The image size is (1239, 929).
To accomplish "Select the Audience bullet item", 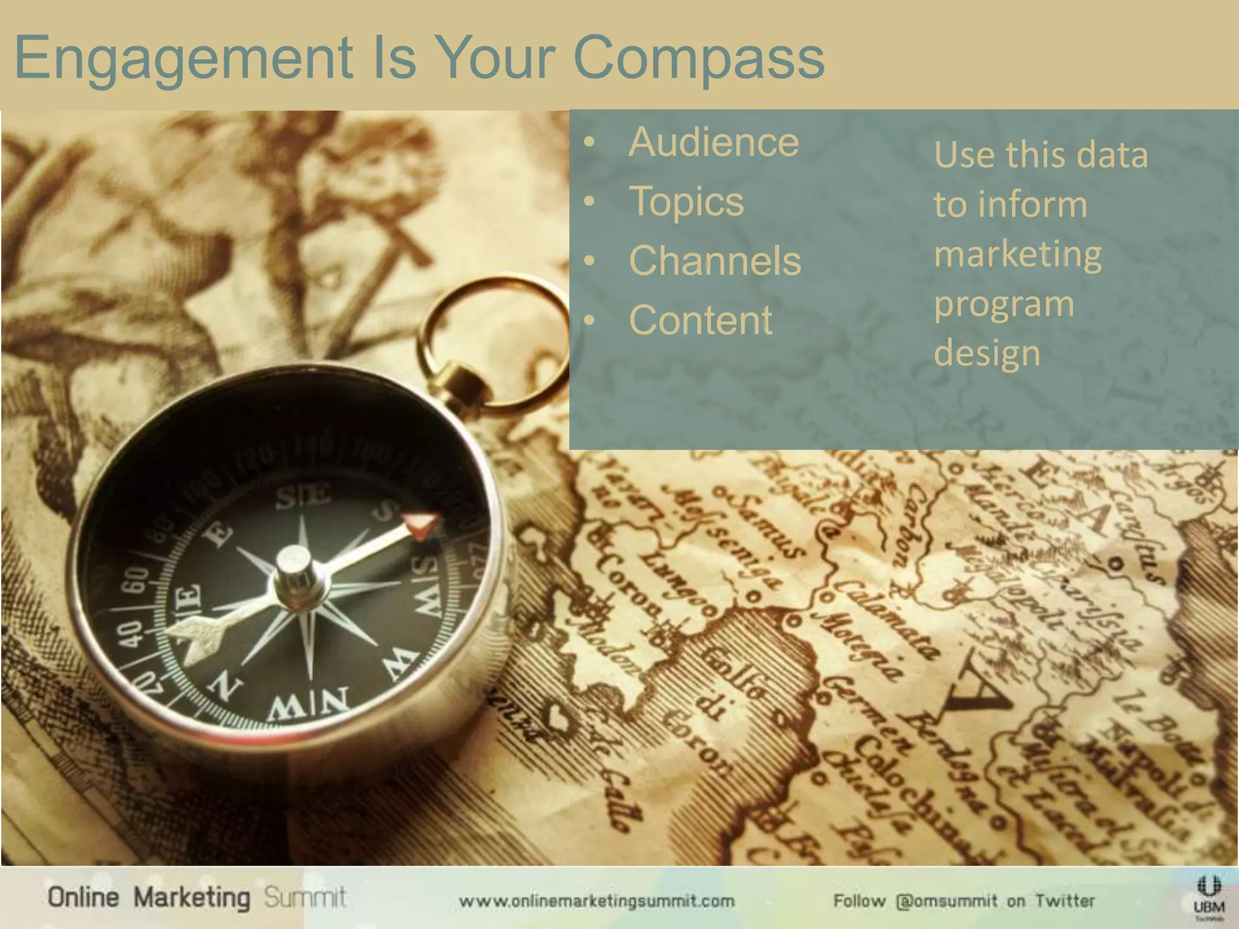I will click(x=714, y=143).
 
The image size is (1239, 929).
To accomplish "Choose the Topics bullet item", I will click(x=686, y=201).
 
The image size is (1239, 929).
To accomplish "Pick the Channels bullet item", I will click(x=715, y=261).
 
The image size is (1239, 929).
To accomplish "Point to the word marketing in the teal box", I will click(x=1018, y=255).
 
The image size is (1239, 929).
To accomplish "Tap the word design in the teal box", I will click(x=987, y=353).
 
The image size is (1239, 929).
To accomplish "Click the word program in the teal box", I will click(x=1004, y=304).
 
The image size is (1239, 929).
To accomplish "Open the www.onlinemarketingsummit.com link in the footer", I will click(x=597, y=901).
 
